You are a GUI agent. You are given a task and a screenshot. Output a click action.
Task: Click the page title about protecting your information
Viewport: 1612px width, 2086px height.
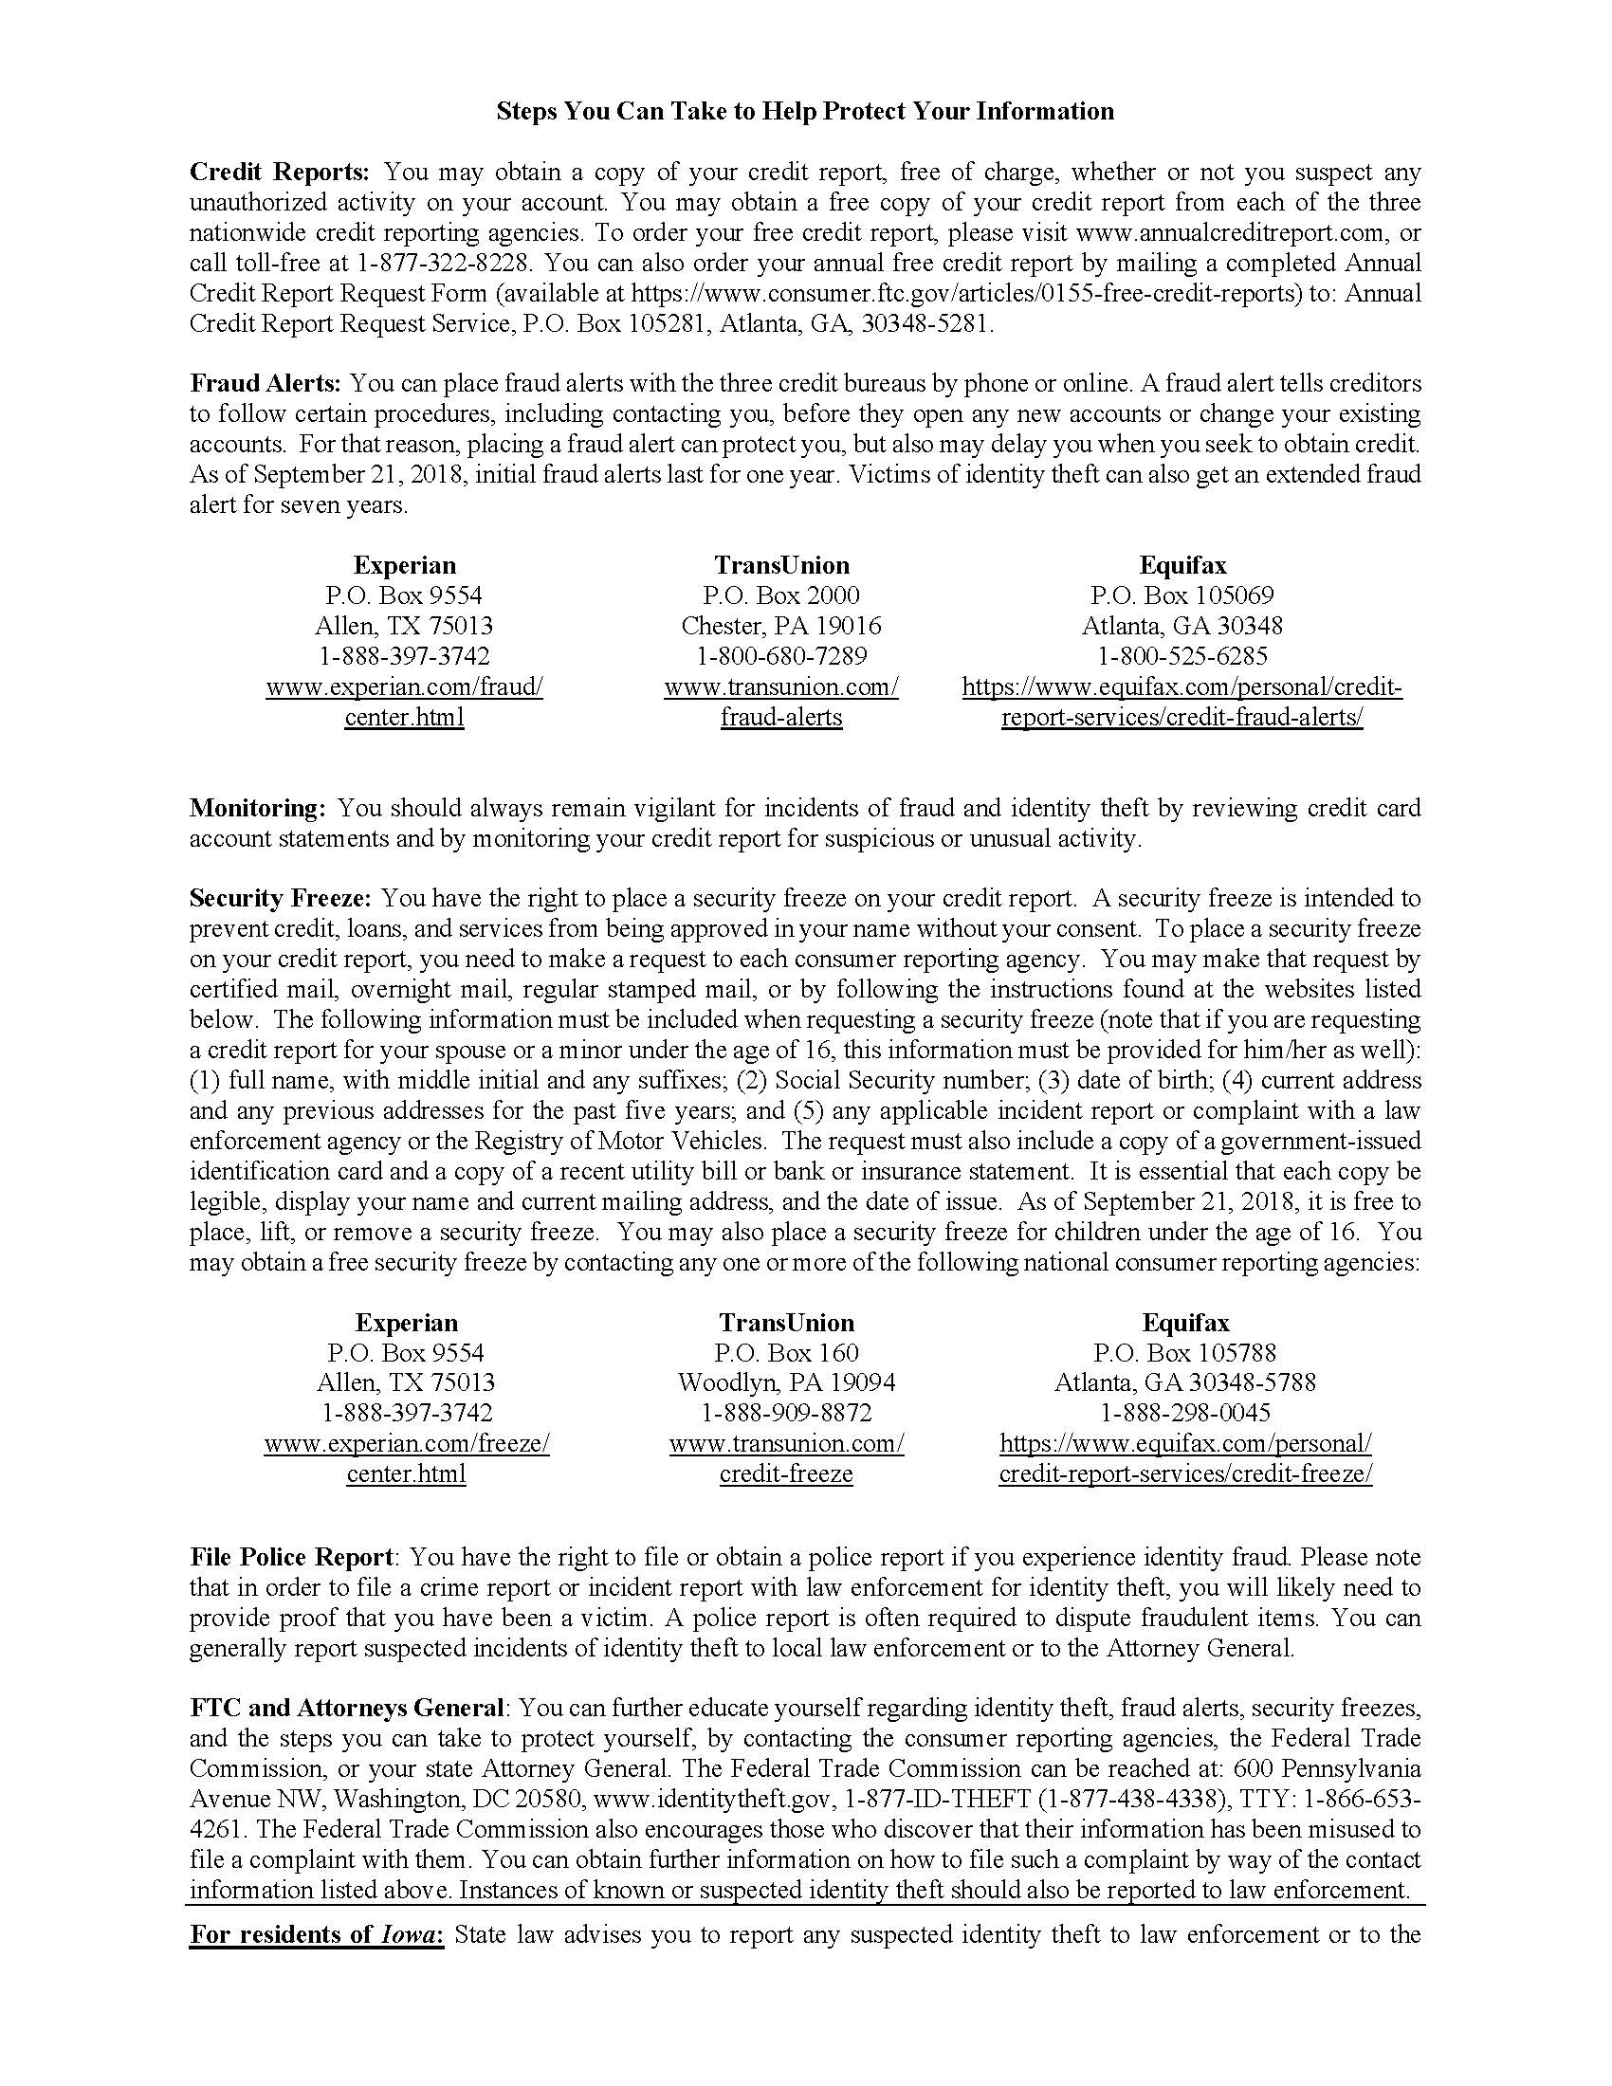tap(804, 112)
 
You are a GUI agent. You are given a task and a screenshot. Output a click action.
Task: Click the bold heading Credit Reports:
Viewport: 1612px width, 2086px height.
tap(279, 173)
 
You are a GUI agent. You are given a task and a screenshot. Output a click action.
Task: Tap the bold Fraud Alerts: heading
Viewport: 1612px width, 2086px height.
tap(266, 384)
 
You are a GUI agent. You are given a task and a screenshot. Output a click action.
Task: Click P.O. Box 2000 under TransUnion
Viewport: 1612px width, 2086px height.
tap(781, 596)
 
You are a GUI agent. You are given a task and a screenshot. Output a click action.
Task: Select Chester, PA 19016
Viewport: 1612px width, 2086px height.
tap(781, 627)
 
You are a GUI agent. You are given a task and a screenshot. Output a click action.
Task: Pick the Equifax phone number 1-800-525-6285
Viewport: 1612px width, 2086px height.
tap(1182, 657)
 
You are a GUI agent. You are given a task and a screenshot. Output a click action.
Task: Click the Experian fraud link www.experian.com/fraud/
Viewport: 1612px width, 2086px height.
tap(404, 687)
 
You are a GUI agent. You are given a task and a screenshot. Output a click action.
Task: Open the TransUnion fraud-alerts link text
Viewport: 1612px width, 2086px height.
tap(781, 719)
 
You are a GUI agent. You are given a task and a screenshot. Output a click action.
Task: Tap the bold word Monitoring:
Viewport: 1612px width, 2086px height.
tap(258, 809)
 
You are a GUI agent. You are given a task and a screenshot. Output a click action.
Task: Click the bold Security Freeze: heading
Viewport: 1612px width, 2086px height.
tap(281, 899)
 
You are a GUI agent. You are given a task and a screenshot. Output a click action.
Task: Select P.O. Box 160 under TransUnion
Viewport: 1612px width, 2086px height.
tap(786, 1353)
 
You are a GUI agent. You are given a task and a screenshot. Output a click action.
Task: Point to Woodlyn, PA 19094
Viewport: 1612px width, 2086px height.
tap(786, 1383)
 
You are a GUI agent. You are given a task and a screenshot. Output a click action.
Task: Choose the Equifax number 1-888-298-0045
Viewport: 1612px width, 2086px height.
tap(1185, 1414)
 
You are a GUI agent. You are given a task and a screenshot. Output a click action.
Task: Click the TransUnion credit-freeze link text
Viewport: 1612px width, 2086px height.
tap(786, 1473)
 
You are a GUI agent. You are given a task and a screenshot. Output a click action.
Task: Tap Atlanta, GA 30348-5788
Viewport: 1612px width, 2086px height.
tap(1185, 1383)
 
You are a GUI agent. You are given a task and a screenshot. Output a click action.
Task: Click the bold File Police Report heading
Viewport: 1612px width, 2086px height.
tap(291, 1558)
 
